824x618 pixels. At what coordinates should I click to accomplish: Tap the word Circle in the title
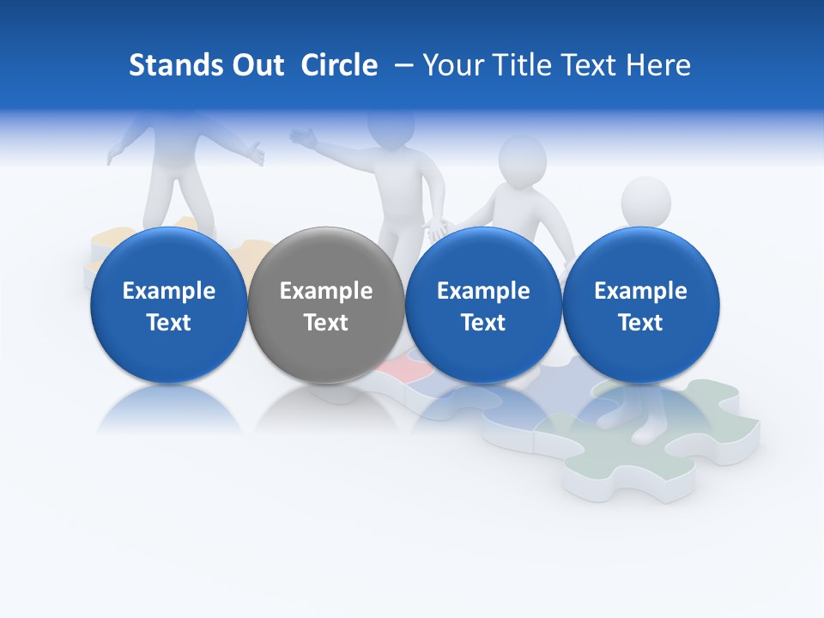point(339,65)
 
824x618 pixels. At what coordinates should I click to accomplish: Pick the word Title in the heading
point(522,65)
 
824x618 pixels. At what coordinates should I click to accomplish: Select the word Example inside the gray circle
point(326,291)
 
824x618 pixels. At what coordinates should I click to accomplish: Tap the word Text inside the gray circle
point(326,323)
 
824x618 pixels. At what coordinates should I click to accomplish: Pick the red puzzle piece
point(397,368)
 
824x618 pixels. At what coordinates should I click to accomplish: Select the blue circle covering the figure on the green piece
point(641,305)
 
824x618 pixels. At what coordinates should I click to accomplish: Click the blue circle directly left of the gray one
point(168,305)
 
